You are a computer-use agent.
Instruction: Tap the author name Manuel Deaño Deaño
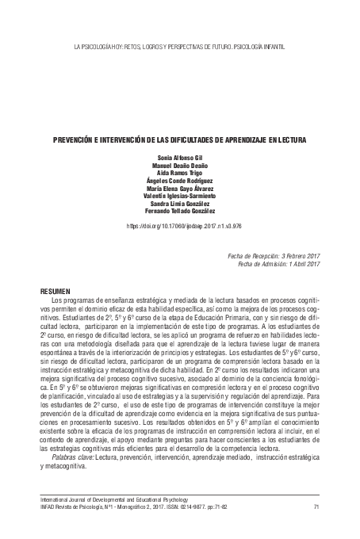pos(180,165)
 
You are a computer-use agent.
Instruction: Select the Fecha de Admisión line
pos(274,264)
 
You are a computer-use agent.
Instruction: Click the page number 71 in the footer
pos(316,507)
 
